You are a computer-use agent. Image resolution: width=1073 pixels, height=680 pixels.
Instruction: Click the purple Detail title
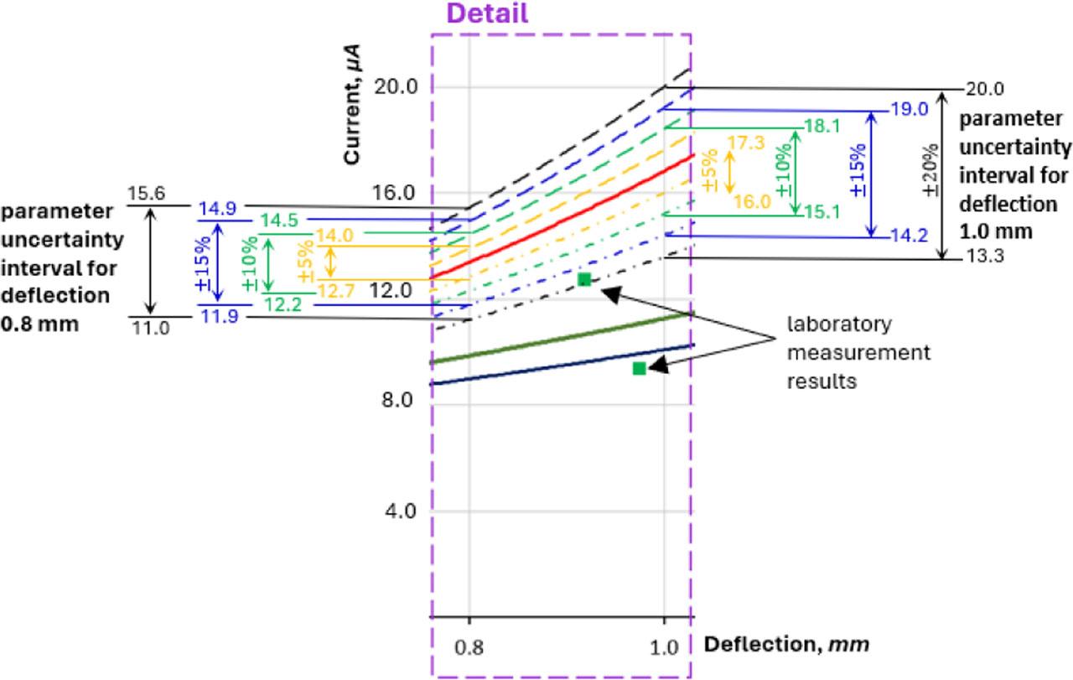point(487,13)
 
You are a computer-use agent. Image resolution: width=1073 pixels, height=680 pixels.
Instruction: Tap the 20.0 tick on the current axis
point(395,87)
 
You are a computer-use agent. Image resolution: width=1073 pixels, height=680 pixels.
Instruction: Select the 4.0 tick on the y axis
point(400,511)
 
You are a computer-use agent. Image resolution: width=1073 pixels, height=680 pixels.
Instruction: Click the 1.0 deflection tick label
point(664,646)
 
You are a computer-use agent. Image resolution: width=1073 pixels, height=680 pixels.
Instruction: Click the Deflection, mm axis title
point(785,644)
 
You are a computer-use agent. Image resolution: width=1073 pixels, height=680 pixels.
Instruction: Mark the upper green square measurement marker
point(584,279)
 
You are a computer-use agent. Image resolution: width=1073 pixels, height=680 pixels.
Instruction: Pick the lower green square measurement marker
point(640,368)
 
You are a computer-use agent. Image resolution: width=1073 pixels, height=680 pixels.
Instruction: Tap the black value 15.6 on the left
point(146,195)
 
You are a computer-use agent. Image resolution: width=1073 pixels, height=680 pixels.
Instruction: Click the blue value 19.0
point(910,109)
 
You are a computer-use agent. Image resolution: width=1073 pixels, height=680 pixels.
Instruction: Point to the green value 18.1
point(821,127)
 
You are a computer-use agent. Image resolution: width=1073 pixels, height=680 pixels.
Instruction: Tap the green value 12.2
point(283,305)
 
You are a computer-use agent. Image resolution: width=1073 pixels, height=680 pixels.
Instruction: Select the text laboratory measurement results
point(857,352)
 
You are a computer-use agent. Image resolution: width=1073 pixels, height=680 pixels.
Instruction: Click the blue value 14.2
point(910,236)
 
